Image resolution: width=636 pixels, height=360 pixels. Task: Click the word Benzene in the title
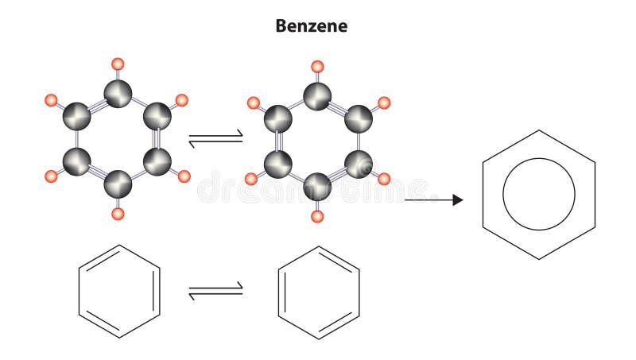click(x=311, y=25)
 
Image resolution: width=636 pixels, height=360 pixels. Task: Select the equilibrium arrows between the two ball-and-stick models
click(x=215, y=140)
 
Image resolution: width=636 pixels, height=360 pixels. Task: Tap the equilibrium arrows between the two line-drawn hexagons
click(x=215, y=292)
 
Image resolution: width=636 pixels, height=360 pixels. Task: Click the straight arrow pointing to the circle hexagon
click(x=433, y=200)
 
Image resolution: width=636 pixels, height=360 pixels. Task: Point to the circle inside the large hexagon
click(x=539, y=195)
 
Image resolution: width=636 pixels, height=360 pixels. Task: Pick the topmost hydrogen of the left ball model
click(x=118, y=64)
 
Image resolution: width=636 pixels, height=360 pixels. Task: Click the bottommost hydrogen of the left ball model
click(x=118, y=213)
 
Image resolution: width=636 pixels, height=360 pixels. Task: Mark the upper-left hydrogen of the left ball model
click(x=52, y=100)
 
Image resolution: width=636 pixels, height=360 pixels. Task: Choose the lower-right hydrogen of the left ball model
click(x=184, y=176)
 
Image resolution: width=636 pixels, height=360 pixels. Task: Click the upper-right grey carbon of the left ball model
click(x=157, y=116)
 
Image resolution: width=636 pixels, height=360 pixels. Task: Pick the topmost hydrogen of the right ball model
click(x=317, y=66)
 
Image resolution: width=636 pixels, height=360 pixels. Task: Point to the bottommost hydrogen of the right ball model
click(x=317, y=215)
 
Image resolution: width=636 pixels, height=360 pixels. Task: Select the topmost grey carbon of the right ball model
click(x=317, y=96)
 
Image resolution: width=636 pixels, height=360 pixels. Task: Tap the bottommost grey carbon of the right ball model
click(x=317, y=186)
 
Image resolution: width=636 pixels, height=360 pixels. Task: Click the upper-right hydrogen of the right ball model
click(x=383, y=103)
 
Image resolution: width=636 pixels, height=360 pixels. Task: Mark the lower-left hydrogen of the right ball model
click(x=251, y=180)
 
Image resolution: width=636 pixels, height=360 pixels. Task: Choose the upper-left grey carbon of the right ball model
click(x=278, y=119)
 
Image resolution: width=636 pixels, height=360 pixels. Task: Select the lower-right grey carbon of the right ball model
click(x=358, y=165)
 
